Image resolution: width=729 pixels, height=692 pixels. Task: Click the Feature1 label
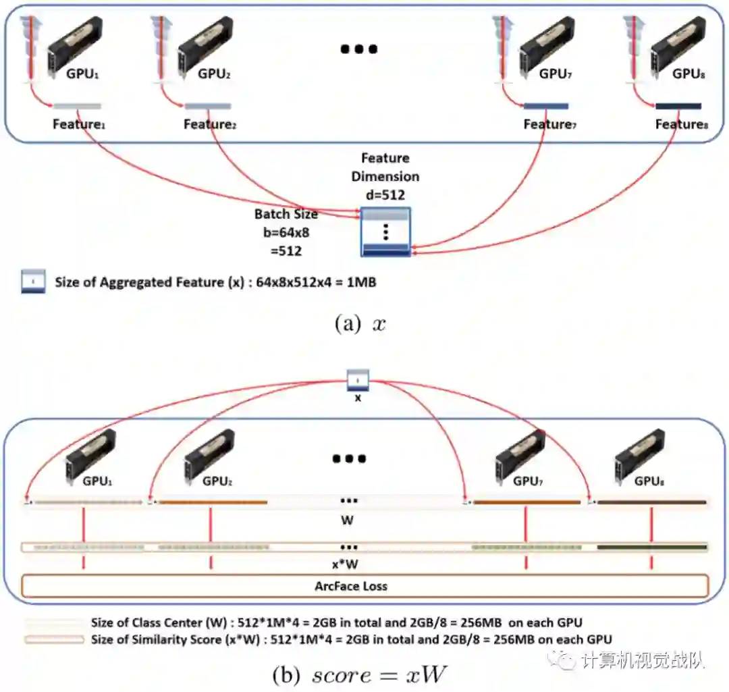point(79,125)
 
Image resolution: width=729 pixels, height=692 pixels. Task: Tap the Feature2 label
point(210,125)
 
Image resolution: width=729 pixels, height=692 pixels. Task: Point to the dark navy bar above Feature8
point(678,106)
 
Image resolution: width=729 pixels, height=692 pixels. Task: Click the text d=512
point(385,194)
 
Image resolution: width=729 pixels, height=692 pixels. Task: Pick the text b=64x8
point(286,233)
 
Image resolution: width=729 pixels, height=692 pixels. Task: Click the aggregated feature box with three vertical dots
point(386,232)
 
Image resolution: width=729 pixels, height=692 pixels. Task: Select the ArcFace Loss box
point(364,586)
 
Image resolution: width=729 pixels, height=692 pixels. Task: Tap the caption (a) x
point(360,323)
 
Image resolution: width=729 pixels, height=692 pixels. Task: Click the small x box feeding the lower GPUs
point(358,381)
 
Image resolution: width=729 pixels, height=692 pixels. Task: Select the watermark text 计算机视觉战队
point(642,658)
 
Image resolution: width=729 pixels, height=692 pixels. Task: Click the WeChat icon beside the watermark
point(562,658)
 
